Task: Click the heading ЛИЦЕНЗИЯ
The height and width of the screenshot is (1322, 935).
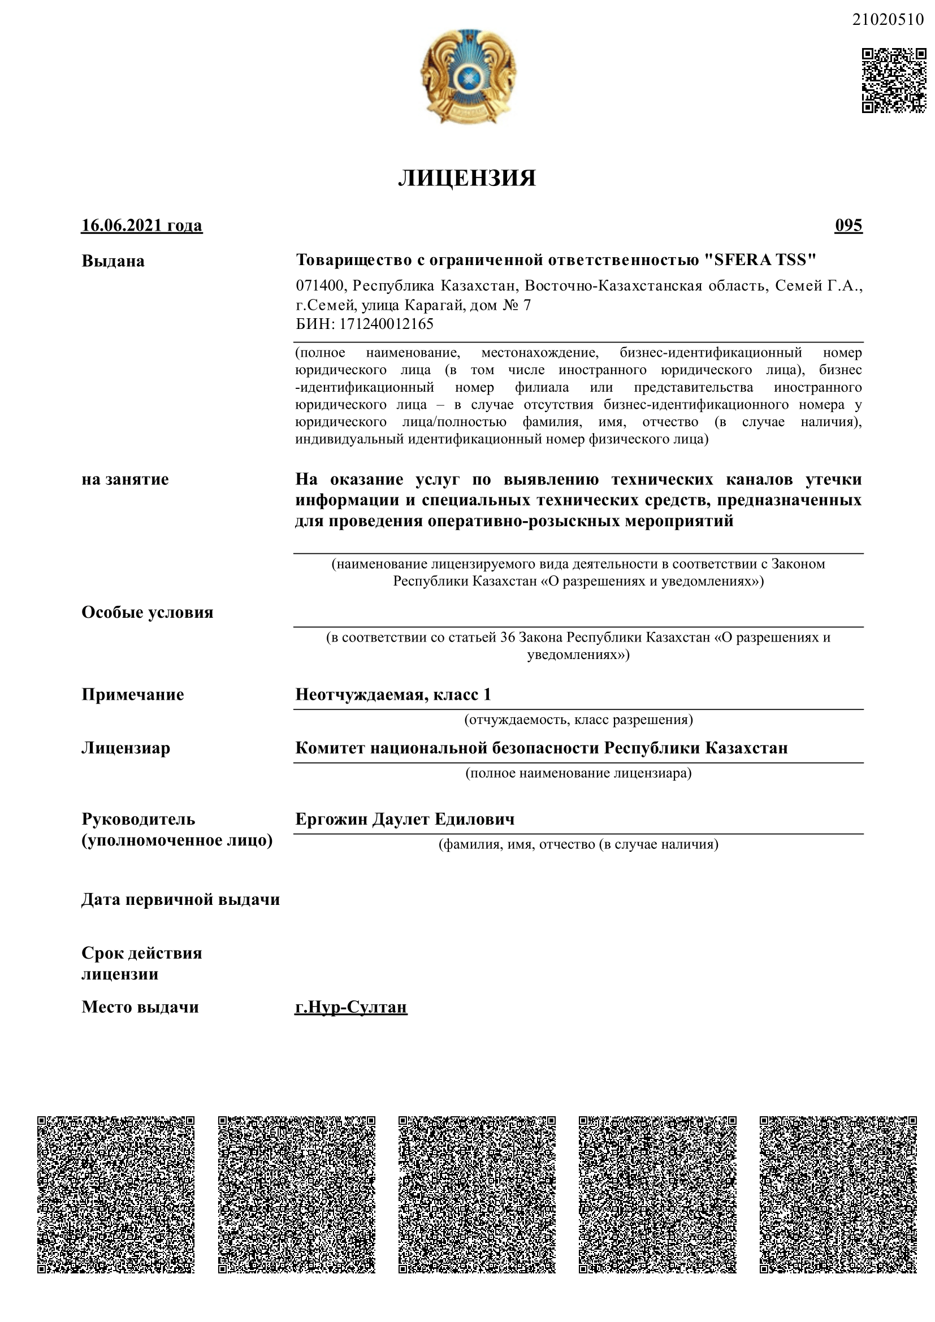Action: point(467,179)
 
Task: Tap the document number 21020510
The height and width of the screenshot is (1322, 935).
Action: point(887,20)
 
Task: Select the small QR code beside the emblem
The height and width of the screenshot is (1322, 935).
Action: point(894,81)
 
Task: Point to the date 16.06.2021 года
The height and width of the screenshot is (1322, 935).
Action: point(142,225)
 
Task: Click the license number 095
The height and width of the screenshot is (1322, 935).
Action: point(848,225)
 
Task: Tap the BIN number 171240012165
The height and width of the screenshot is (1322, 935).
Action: point(386,324)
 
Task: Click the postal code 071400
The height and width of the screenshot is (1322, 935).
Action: point(319,286)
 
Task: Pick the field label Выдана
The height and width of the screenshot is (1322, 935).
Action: point(113,262)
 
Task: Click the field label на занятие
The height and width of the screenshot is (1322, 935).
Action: point(125,480)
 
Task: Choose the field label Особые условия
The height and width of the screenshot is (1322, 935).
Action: point(148,612)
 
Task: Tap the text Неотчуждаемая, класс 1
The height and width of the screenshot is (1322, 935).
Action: point(393,695)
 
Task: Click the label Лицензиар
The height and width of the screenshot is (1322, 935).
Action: point(125,748)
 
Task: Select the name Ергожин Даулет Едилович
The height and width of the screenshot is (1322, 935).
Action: point(405,819)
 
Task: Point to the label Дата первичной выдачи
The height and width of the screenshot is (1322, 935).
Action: point(180,899)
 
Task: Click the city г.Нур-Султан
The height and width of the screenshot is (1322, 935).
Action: point(350,1007)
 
